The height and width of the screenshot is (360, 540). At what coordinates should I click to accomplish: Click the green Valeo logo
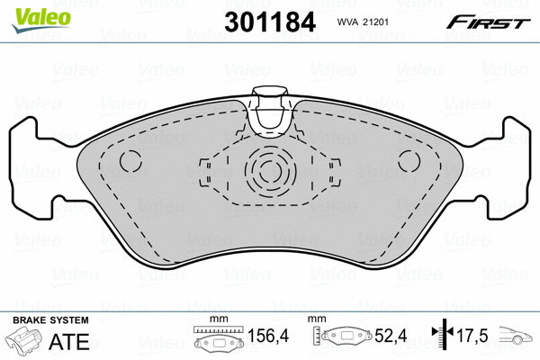coord(41,20)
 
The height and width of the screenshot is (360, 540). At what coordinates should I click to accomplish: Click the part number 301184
coord(270,22)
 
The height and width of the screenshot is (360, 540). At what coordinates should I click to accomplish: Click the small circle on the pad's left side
coord(130,161)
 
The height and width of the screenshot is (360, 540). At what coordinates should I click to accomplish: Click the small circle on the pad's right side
coord(409,161)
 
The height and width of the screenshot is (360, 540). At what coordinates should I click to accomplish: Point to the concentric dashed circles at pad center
coord(270,171)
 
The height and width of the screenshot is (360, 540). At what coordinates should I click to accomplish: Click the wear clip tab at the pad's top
coord(270,111)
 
